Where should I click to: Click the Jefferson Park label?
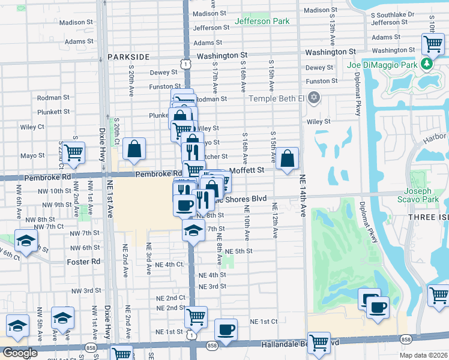coord(262,21)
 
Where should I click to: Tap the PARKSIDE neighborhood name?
coord(128,56)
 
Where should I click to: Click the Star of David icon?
coord(313,97)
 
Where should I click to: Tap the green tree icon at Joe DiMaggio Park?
coord(427,63)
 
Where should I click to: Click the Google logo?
coord(20,353)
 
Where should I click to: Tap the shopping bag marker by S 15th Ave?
coord(288,159)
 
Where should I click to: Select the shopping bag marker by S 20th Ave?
coord(134,149)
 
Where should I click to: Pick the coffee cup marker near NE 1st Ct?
coord(226,329)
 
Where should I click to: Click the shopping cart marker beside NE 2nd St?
coord(196,316)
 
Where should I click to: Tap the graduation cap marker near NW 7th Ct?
coord(26,241)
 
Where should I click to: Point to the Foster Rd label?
coord(84,262)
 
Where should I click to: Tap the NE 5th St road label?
coord(240,251)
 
